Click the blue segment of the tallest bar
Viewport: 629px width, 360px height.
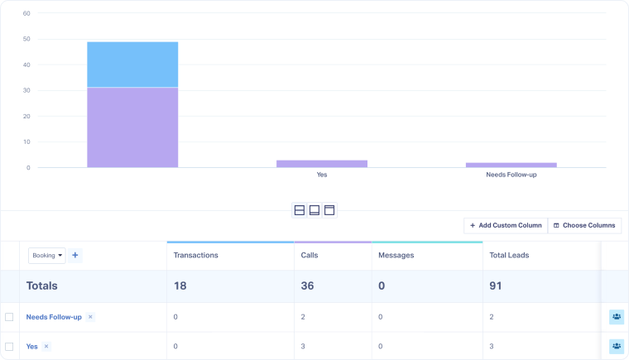132,64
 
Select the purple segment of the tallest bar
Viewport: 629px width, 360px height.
132,127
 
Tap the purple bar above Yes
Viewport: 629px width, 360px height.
322,164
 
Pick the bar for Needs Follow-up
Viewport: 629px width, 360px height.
511,165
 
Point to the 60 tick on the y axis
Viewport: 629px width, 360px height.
26,13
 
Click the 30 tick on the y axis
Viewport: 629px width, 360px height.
26,90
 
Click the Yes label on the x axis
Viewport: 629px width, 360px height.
322,175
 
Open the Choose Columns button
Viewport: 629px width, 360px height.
584,225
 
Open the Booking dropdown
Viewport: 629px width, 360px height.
46,256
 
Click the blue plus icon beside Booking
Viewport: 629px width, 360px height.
75,256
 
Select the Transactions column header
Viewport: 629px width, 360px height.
196,256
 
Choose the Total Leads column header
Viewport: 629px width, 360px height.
509,256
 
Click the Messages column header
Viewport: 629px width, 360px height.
396,256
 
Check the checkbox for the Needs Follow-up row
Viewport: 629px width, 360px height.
9,317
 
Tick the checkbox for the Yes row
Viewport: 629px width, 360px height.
9,347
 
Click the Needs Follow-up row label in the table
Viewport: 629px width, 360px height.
54,317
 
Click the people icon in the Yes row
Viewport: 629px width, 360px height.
616,346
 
